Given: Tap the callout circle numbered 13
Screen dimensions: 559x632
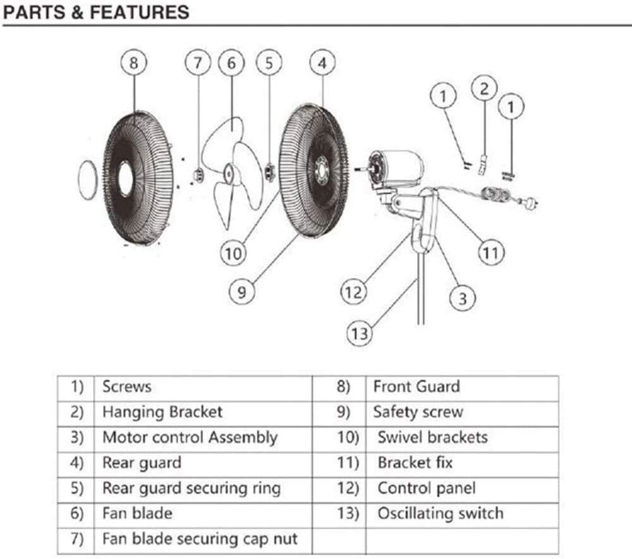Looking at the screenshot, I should pyautogui.click(x=359, y=333).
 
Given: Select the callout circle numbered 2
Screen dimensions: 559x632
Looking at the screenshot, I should pyautogui.click(x=485, y=89).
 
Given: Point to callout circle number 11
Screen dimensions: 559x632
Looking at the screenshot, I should pyautogui.click(x=491, y=253).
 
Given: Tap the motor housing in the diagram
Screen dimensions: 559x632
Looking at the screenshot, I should pyautogui.click(x=398, y=168).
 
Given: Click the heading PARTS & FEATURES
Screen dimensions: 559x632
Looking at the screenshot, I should pyautogui.click(x=95, y=12).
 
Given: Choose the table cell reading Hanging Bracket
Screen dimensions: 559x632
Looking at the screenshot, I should pyautogui.click(x=162, y=412).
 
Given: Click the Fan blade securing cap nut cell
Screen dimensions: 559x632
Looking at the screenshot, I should pyautogui.click(x=200, y=539).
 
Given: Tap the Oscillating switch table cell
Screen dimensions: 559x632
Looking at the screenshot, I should pyautogui.click(x=441, y=513).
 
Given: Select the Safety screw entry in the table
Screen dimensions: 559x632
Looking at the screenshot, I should pyautogui.click(x=418, y=412).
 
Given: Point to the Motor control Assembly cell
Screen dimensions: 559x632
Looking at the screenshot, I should pyautogui.click(x=190, y=438).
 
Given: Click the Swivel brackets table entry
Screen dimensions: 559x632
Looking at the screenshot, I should pyautogui.click(x=433, y=438).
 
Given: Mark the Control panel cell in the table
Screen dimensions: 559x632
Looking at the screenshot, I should pyautogui.click(x=427, y=488).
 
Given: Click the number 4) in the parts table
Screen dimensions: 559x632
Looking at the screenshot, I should pyautogui.click(x=77, y=463).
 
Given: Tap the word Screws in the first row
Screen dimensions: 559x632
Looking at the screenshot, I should pyautogui.click(x=127, y=386).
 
